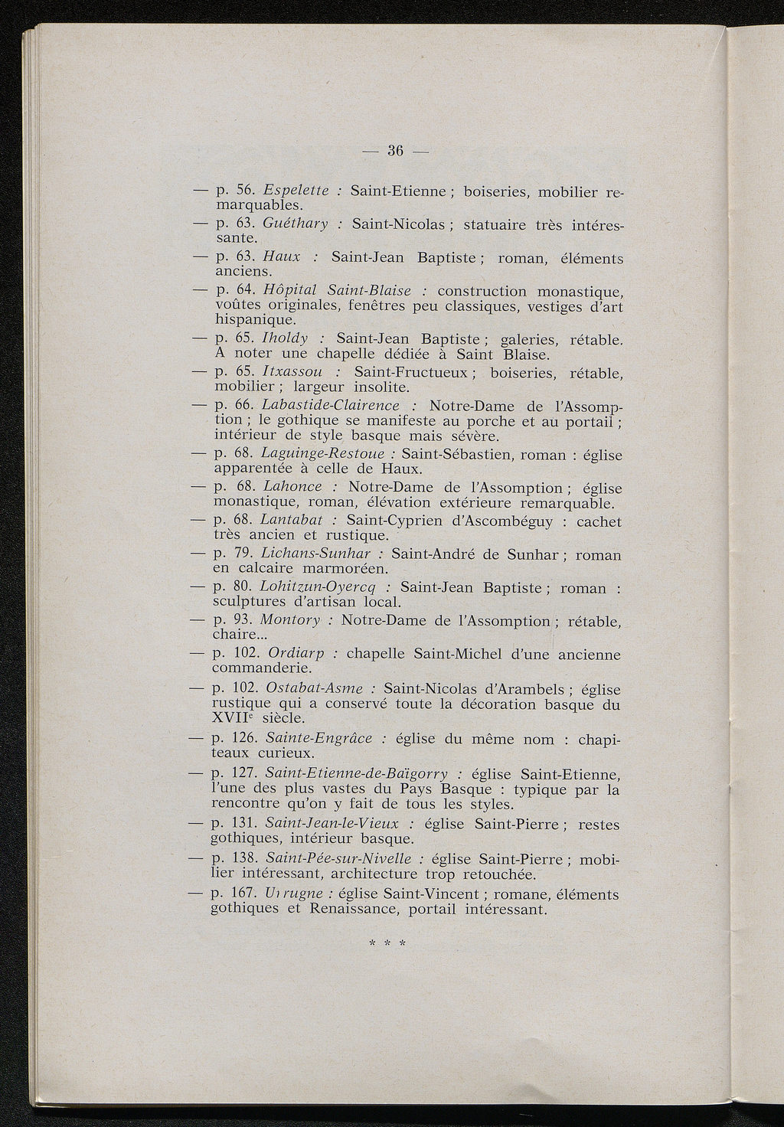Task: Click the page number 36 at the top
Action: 395,150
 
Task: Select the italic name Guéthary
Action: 295,224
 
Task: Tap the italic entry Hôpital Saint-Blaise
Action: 336,291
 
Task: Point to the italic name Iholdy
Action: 285,338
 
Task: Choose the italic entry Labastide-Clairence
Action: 330,405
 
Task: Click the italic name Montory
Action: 291,621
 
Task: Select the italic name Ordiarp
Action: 296,655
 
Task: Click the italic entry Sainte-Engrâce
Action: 318,739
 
